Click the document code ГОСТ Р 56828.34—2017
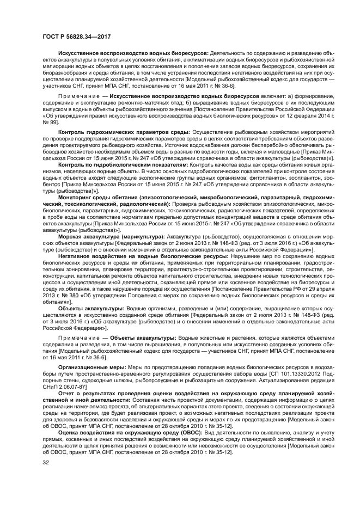(x=72, y=36)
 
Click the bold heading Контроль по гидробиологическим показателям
(x=123, y=164)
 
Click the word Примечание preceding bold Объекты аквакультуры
(x=77, y=338)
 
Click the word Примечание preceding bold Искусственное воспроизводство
(x=77, y=95)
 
